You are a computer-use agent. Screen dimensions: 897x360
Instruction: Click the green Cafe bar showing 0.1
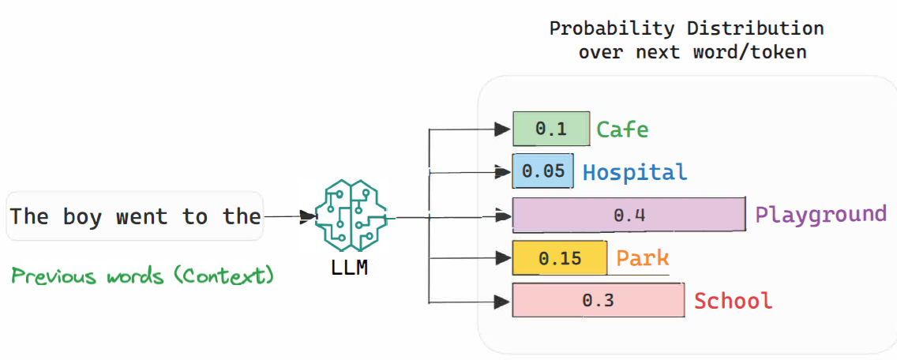551,129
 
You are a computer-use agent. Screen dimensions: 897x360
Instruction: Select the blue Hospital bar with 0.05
543,171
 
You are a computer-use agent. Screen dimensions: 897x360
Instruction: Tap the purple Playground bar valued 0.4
629,215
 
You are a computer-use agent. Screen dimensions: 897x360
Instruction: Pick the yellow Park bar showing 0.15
559,258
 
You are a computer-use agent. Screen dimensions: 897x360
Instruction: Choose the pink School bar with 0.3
599,301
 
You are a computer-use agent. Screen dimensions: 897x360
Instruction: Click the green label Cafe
623,129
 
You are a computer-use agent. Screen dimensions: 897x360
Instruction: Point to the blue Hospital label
635,171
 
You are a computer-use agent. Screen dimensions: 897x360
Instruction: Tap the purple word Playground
821,216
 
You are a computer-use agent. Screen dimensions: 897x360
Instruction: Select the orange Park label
643,258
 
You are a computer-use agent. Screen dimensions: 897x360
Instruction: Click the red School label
734,301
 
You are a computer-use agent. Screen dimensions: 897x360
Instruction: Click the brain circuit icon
351,217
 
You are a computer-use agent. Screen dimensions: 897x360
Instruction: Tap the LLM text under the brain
350,268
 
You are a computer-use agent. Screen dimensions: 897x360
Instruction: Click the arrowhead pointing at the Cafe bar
502,129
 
